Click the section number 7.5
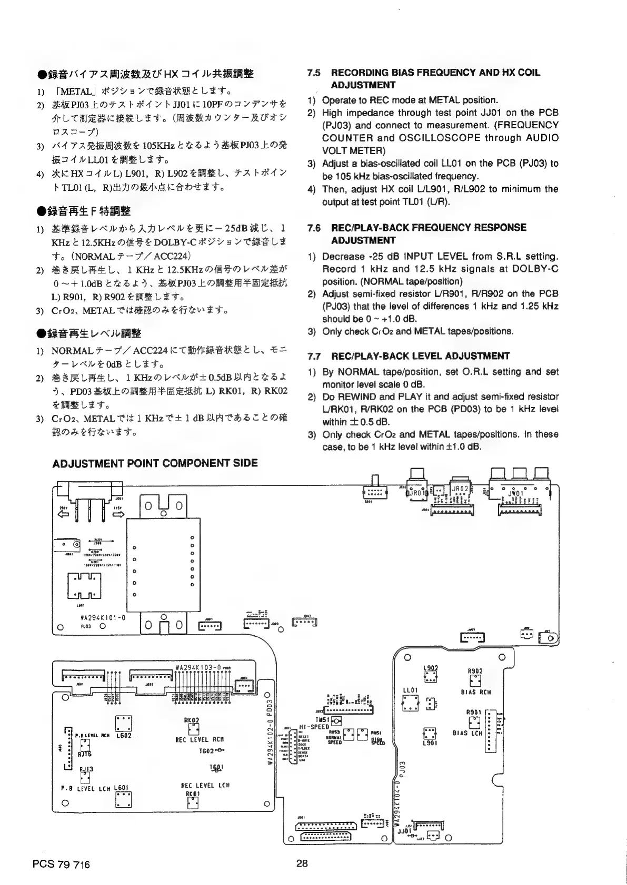click(x=314, y=73)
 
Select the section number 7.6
click(x=314, y=228)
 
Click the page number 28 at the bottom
click(x=302, y=863)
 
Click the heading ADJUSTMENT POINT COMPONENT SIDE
click(x=155, y=463)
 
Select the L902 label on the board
click(x=431, y=668)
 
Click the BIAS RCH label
click(x=475, y=693)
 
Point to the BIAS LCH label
click(x=467, y=733)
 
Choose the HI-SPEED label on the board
click(x=314, y=726)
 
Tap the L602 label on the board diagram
click(x=123, y=735)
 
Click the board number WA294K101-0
click(x=102, y=618)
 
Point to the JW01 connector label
click(x=514, y=493)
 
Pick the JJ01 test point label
click(x=404, y=831)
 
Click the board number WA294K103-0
click(x=197, y=667)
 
